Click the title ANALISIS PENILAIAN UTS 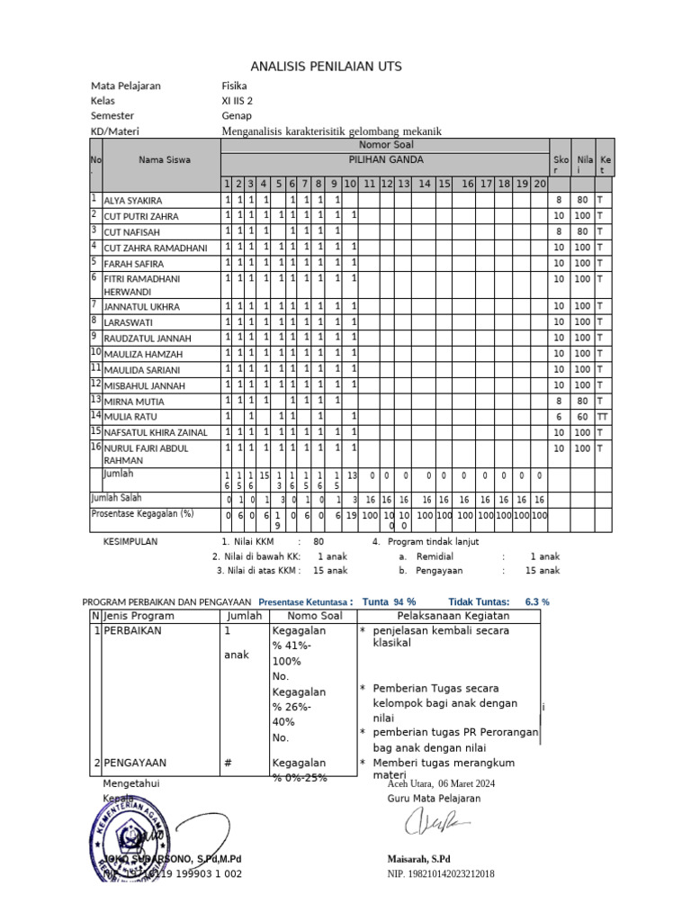point(326,67)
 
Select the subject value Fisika point(234,86)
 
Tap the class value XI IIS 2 point(238,101)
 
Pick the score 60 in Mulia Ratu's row point(583,417)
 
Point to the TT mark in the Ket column point(603,417)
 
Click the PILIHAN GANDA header point(384,159)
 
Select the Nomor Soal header point(384,144)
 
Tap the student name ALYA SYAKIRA point(133,201)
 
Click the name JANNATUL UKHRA point(141,307)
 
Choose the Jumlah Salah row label point(115,497)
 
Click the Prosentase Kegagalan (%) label point(143,513)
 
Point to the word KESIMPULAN point(130,542)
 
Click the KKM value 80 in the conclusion point(319,542)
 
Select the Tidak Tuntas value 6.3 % point(537,601)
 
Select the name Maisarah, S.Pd point(419,859)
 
